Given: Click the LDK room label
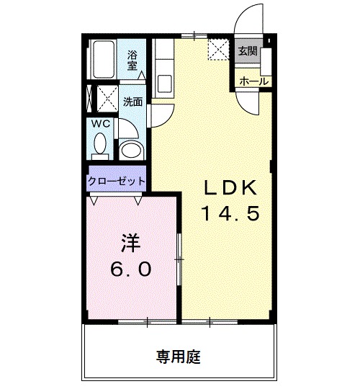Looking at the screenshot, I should click(228, 188).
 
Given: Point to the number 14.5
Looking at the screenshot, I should click(228, 214).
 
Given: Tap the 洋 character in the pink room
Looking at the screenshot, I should click(130, 243).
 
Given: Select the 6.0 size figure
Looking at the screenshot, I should click(130, 269).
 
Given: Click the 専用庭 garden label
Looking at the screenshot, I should click(179, 355).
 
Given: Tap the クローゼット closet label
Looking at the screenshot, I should click(117, 182).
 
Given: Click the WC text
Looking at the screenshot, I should click(101, 124).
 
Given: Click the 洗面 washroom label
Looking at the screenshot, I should click(132, 102).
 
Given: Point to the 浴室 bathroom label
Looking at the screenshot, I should click(133, 60).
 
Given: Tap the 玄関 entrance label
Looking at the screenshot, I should click(247, 51).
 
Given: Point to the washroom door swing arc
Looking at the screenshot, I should click(160, 115).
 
